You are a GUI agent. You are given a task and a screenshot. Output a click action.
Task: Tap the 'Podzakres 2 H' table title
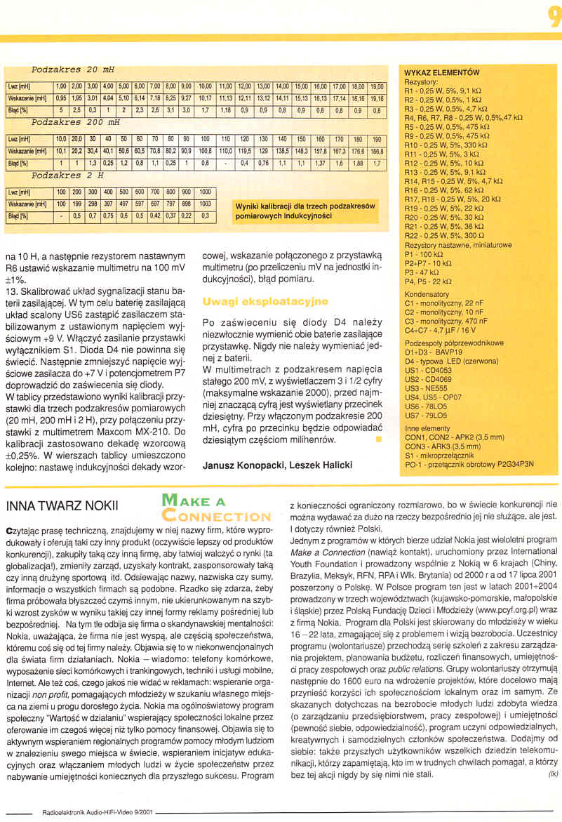point(67,175)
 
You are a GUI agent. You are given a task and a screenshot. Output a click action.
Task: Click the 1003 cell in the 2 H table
point(206,204)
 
